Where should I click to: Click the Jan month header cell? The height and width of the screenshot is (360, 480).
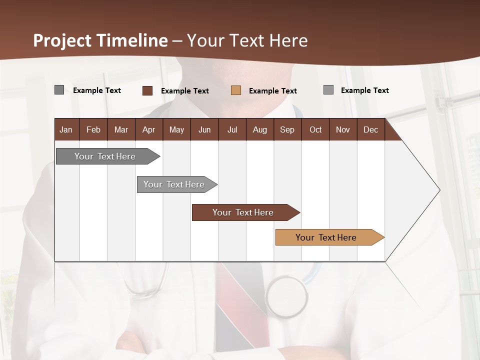tap(66, 129)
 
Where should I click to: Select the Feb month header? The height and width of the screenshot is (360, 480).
tap(93, 129)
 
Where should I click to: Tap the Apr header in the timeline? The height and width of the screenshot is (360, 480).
tap(149, 129)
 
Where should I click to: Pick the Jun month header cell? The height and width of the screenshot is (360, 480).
tap(204, 129)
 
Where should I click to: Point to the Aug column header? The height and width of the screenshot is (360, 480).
tap(260, 129)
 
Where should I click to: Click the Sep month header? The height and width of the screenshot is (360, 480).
tap(287, 129)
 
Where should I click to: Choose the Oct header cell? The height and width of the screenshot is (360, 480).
tap(315, 129)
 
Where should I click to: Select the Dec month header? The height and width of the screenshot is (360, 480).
tap(371, 129)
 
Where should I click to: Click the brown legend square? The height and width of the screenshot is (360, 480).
tap(147, 90)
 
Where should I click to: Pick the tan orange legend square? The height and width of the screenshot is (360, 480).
tap(236, 90)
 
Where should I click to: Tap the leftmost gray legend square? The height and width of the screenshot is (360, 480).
tap(59, 90)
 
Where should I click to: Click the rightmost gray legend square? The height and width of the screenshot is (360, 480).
tap(328, 90)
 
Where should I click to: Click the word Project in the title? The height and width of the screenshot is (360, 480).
tap(62, 40)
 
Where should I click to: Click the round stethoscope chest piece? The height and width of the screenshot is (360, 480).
tap(286, 296)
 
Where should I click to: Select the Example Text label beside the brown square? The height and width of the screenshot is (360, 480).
tap(184, 91)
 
